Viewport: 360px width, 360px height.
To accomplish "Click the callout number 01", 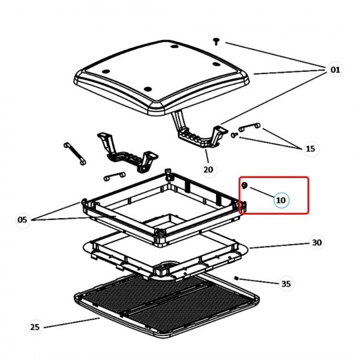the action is (335, 69).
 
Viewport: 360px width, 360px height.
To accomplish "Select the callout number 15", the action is (311, 149).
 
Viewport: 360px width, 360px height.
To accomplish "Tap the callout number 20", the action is (208, 170).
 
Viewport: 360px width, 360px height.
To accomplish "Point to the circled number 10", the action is (281, 200).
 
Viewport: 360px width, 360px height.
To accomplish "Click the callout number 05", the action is (22, 220).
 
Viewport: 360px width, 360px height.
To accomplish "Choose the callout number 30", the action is (317, 242).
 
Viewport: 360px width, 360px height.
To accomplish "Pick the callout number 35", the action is (286, 284).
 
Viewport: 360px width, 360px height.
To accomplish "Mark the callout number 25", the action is (35, 327).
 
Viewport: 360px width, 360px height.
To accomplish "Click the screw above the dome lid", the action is (216, 41).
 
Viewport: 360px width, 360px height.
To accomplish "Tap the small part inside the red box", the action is (245, 185).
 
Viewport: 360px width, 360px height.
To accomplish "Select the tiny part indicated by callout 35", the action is (237, 279).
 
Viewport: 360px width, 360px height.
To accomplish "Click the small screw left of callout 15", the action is (234, 135).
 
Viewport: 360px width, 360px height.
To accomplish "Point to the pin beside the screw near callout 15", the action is (249, 127).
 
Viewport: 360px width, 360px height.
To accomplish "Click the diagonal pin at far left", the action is (75, 153).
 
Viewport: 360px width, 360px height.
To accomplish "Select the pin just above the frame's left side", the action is (115, 176).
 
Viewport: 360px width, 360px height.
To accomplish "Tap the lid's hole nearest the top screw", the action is (175, 47).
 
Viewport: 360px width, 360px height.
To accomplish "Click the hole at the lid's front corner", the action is (148, 89).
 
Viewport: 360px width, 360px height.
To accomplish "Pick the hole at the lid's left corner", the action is (105, 71).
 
